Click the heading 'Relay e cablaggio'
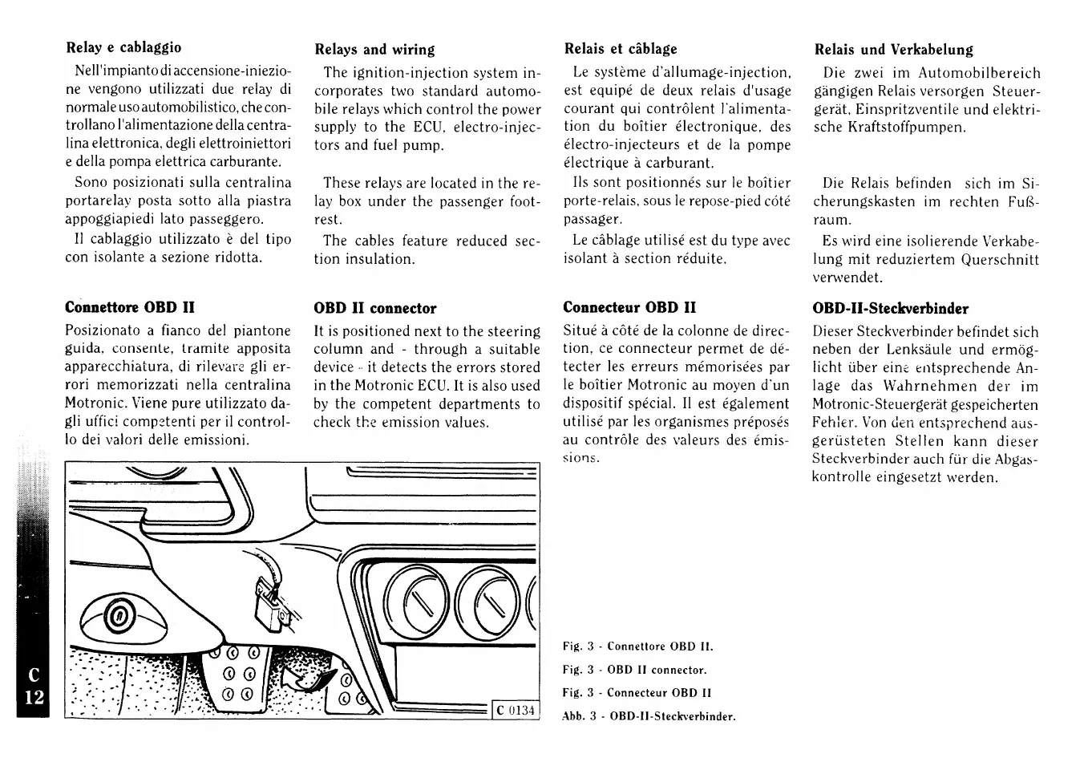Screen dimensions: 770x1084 point(123,47)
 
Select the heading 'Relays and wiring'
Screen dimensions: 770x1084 point(374,50)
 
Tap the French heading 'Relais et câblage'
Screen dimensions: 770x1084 point(621,49)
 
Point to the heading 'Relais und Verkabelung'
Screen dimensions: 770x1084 point(893,50)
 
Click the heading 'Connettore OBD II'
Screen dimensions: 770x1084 point(129,307)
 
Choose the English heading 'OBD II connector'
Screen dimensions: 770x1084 point(374,308)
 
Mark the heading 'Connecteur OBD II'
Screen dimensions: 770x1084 point(629,307)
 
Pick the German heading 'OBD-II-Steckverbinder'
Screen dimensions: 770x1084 point(890,309)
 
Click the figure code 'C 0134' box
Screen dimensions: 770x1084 point(515,710)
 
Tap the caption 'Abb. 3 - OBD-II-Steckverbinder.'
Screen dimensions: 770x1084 point(649,716)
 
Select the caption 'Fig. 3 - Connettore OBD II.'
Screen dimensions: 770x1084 point(637,646)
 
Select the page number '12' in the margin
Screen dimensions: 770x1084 point(33,698)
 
